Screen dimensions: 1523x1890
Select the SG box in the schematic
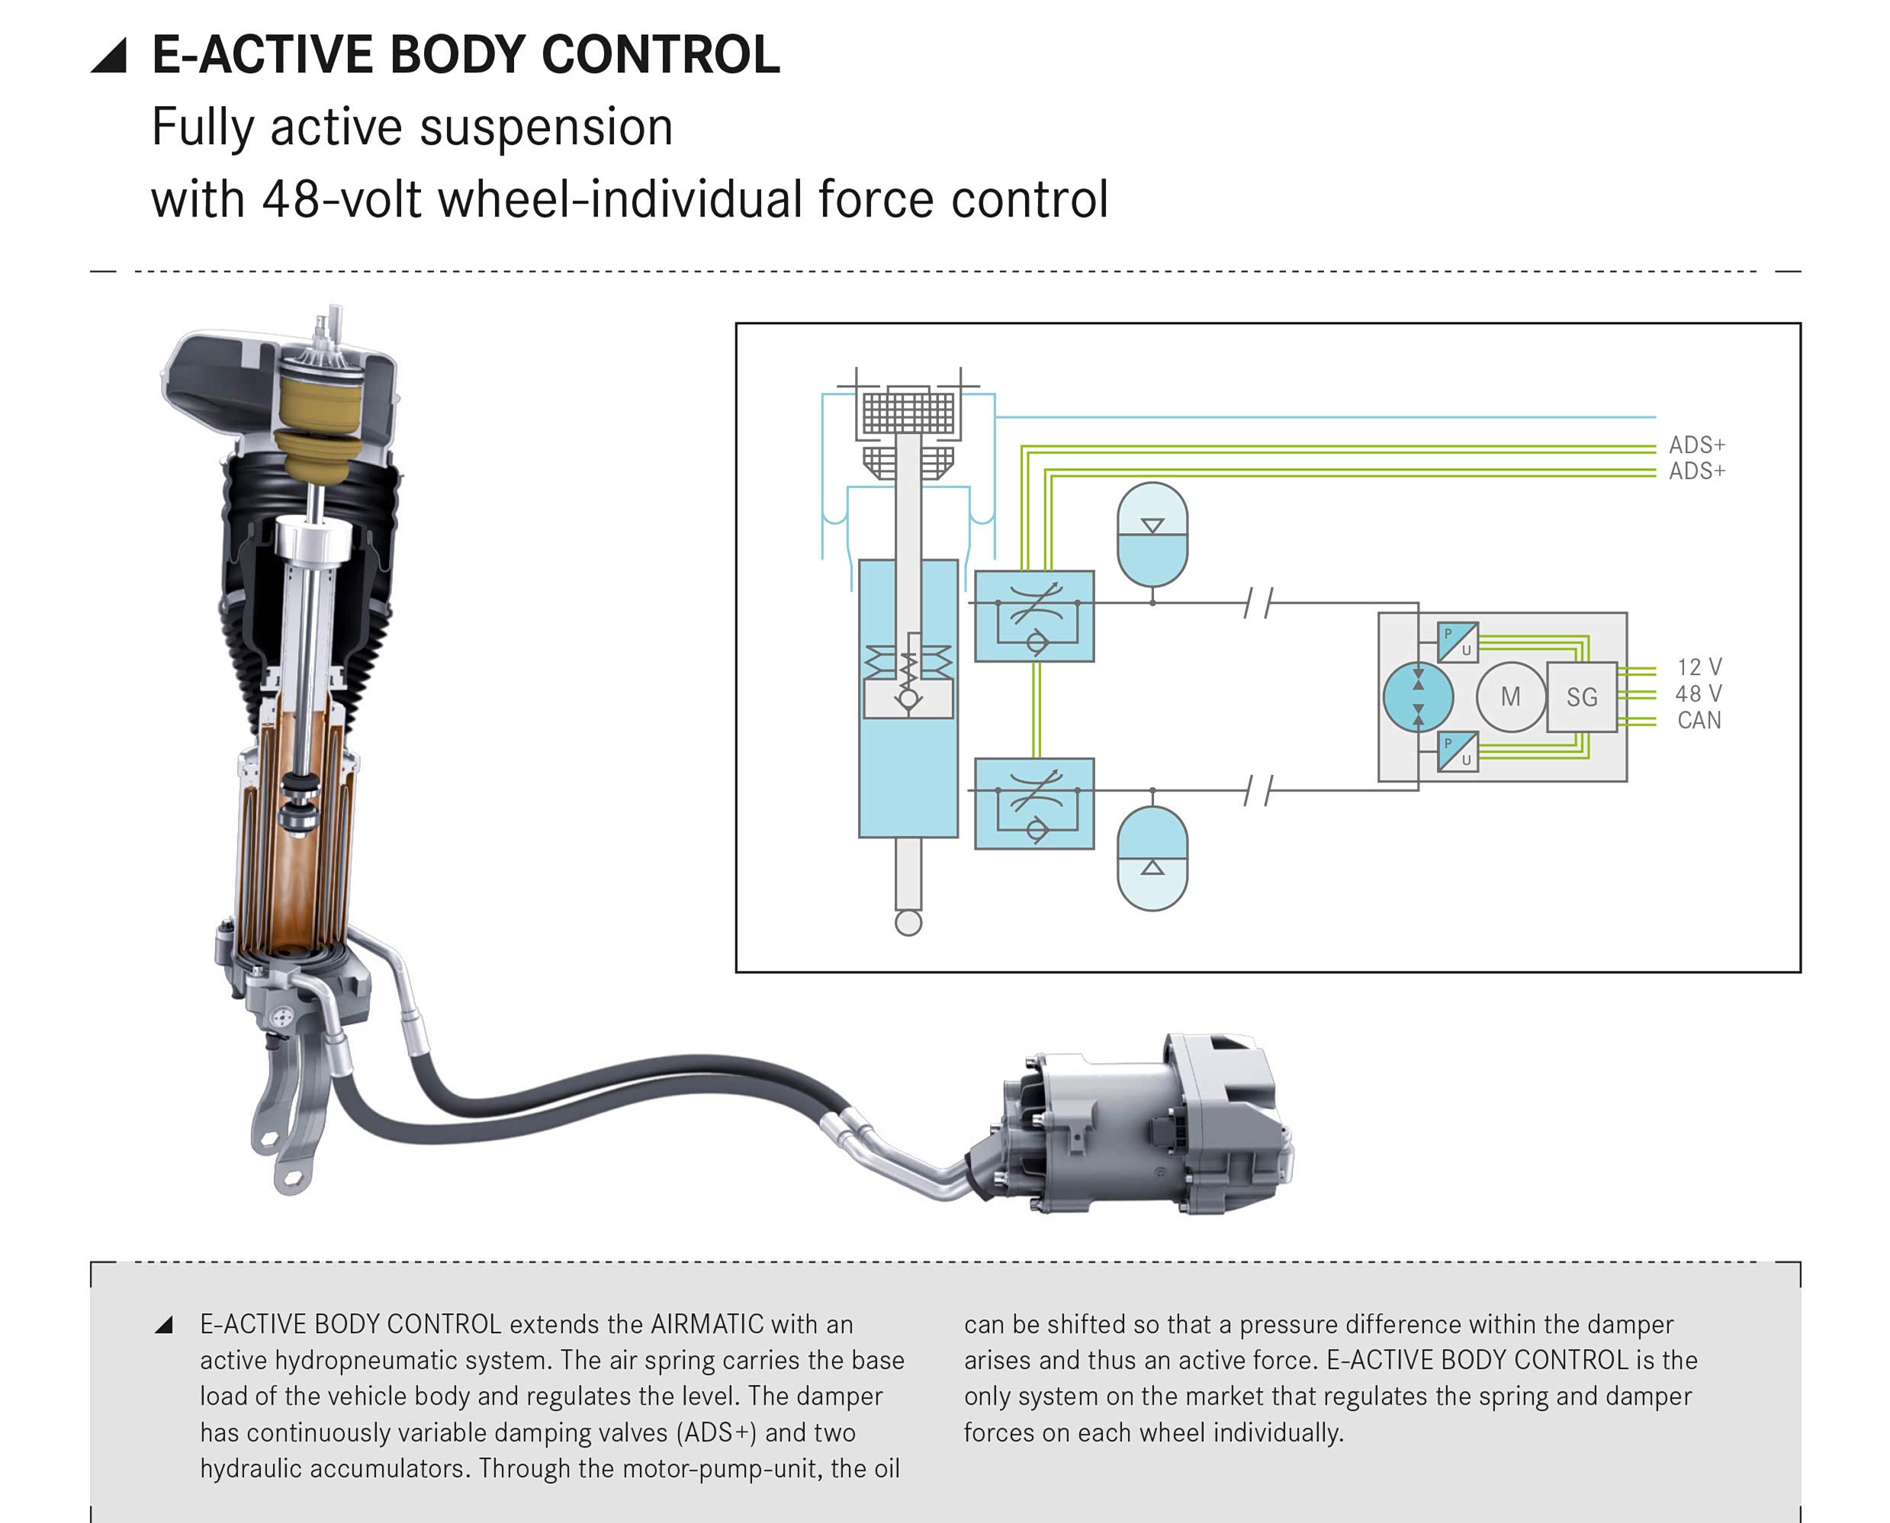pyautogui.click(x=1582, y=698)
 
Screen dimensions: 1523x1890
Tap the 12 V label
pyautogui.click(x=1699, y=667)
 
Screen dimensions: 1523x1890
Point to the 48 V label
pyautogui.click(x=1699, y=694)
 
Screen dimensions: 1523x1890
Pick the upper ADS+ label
pyautogui.click(x=1697, y=445)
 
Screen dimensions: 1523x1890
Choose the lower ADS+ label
pyautogui.click(x=1697, y=471)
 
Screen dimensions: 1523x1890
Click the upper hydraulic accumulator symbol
pyautogui.click(x=1152, y=535)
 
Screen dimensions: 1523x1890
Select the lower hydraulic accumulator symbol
pyautogui.click(x=1152, y=859)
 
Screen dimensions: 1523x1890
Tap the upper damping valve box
pyautogui.click(x=1034, y=616)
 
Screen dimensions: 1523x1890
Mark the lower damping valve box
pyautogui.click(x=1034, y=804)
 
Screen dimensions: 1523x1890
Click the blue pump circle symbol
pyautogui.click(x=1418, y=698)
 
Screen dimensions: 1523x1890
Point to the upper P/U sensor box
pyautogui.click(x=1458, y=642)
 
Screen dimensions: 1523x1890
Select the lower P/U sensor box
pyautogui.click(x=1458, y=752)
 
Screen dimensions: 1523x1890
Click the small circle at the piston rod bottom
pyautogui.click(x=908, y=923)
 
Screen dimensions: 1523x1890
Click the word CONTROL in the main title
pyautogui.click(x=660, y=54)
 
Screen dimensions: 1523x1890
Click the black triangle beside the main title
pyautogui.click(x=111, y=56)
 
